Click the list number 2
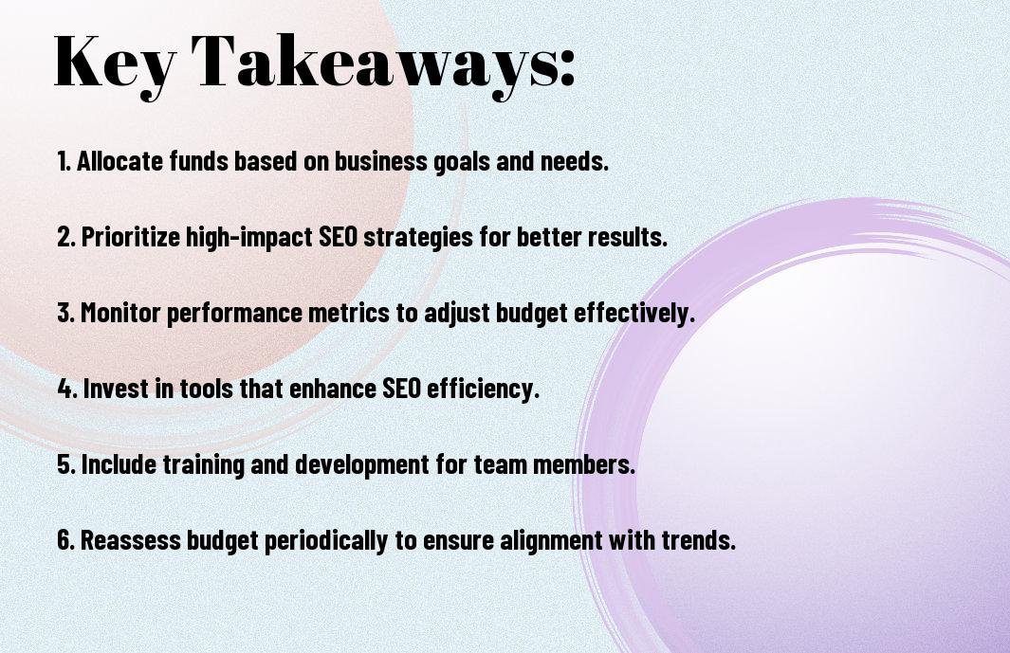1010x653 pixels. [66, 236]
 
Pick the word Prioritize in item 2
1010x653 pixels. [131, 236]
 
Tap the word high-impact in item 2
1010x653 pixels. [249, 237]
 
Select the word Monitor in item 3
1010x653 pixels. [119, 313]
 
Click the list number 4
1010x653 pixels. [67, 389]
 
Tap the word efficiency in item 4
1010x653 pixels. [483, 389]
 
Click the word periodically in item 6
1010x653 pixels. [326, 540]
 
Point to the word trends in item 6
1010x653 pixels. [699, 539]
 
